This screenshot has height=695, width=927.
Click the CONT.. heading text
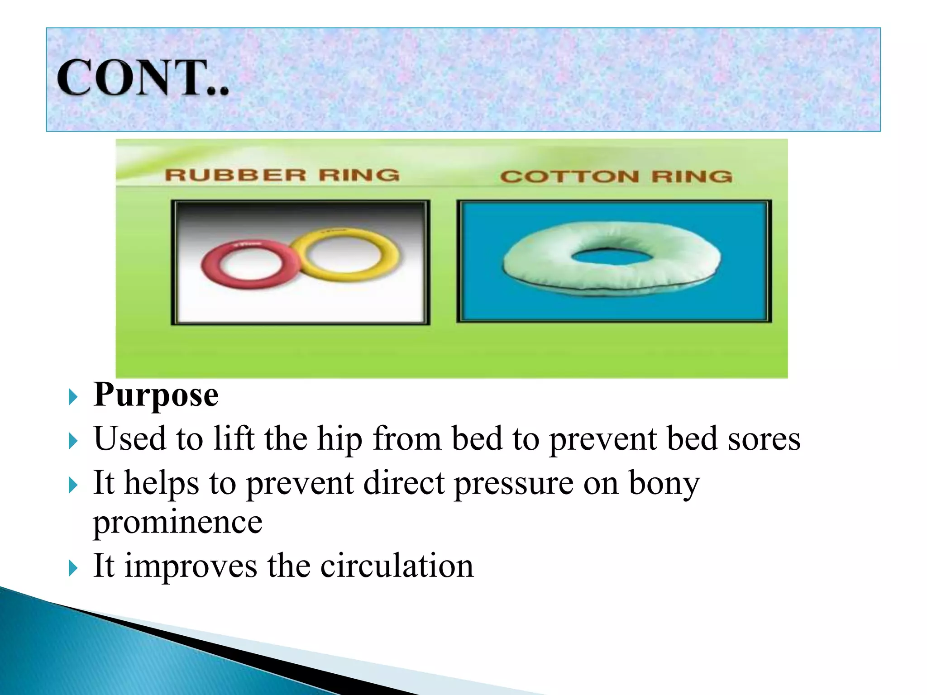coord(143,78)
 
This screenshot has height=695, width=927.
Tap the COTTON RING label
coord(616,176)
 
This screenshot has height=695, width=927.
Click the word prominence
coord(177,523)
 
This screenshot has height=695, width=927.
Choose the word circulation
coord(397,566)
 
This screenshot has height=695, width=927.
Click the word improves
coord(191,566)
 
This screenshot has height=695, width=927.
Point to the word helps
coord(162,483)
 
